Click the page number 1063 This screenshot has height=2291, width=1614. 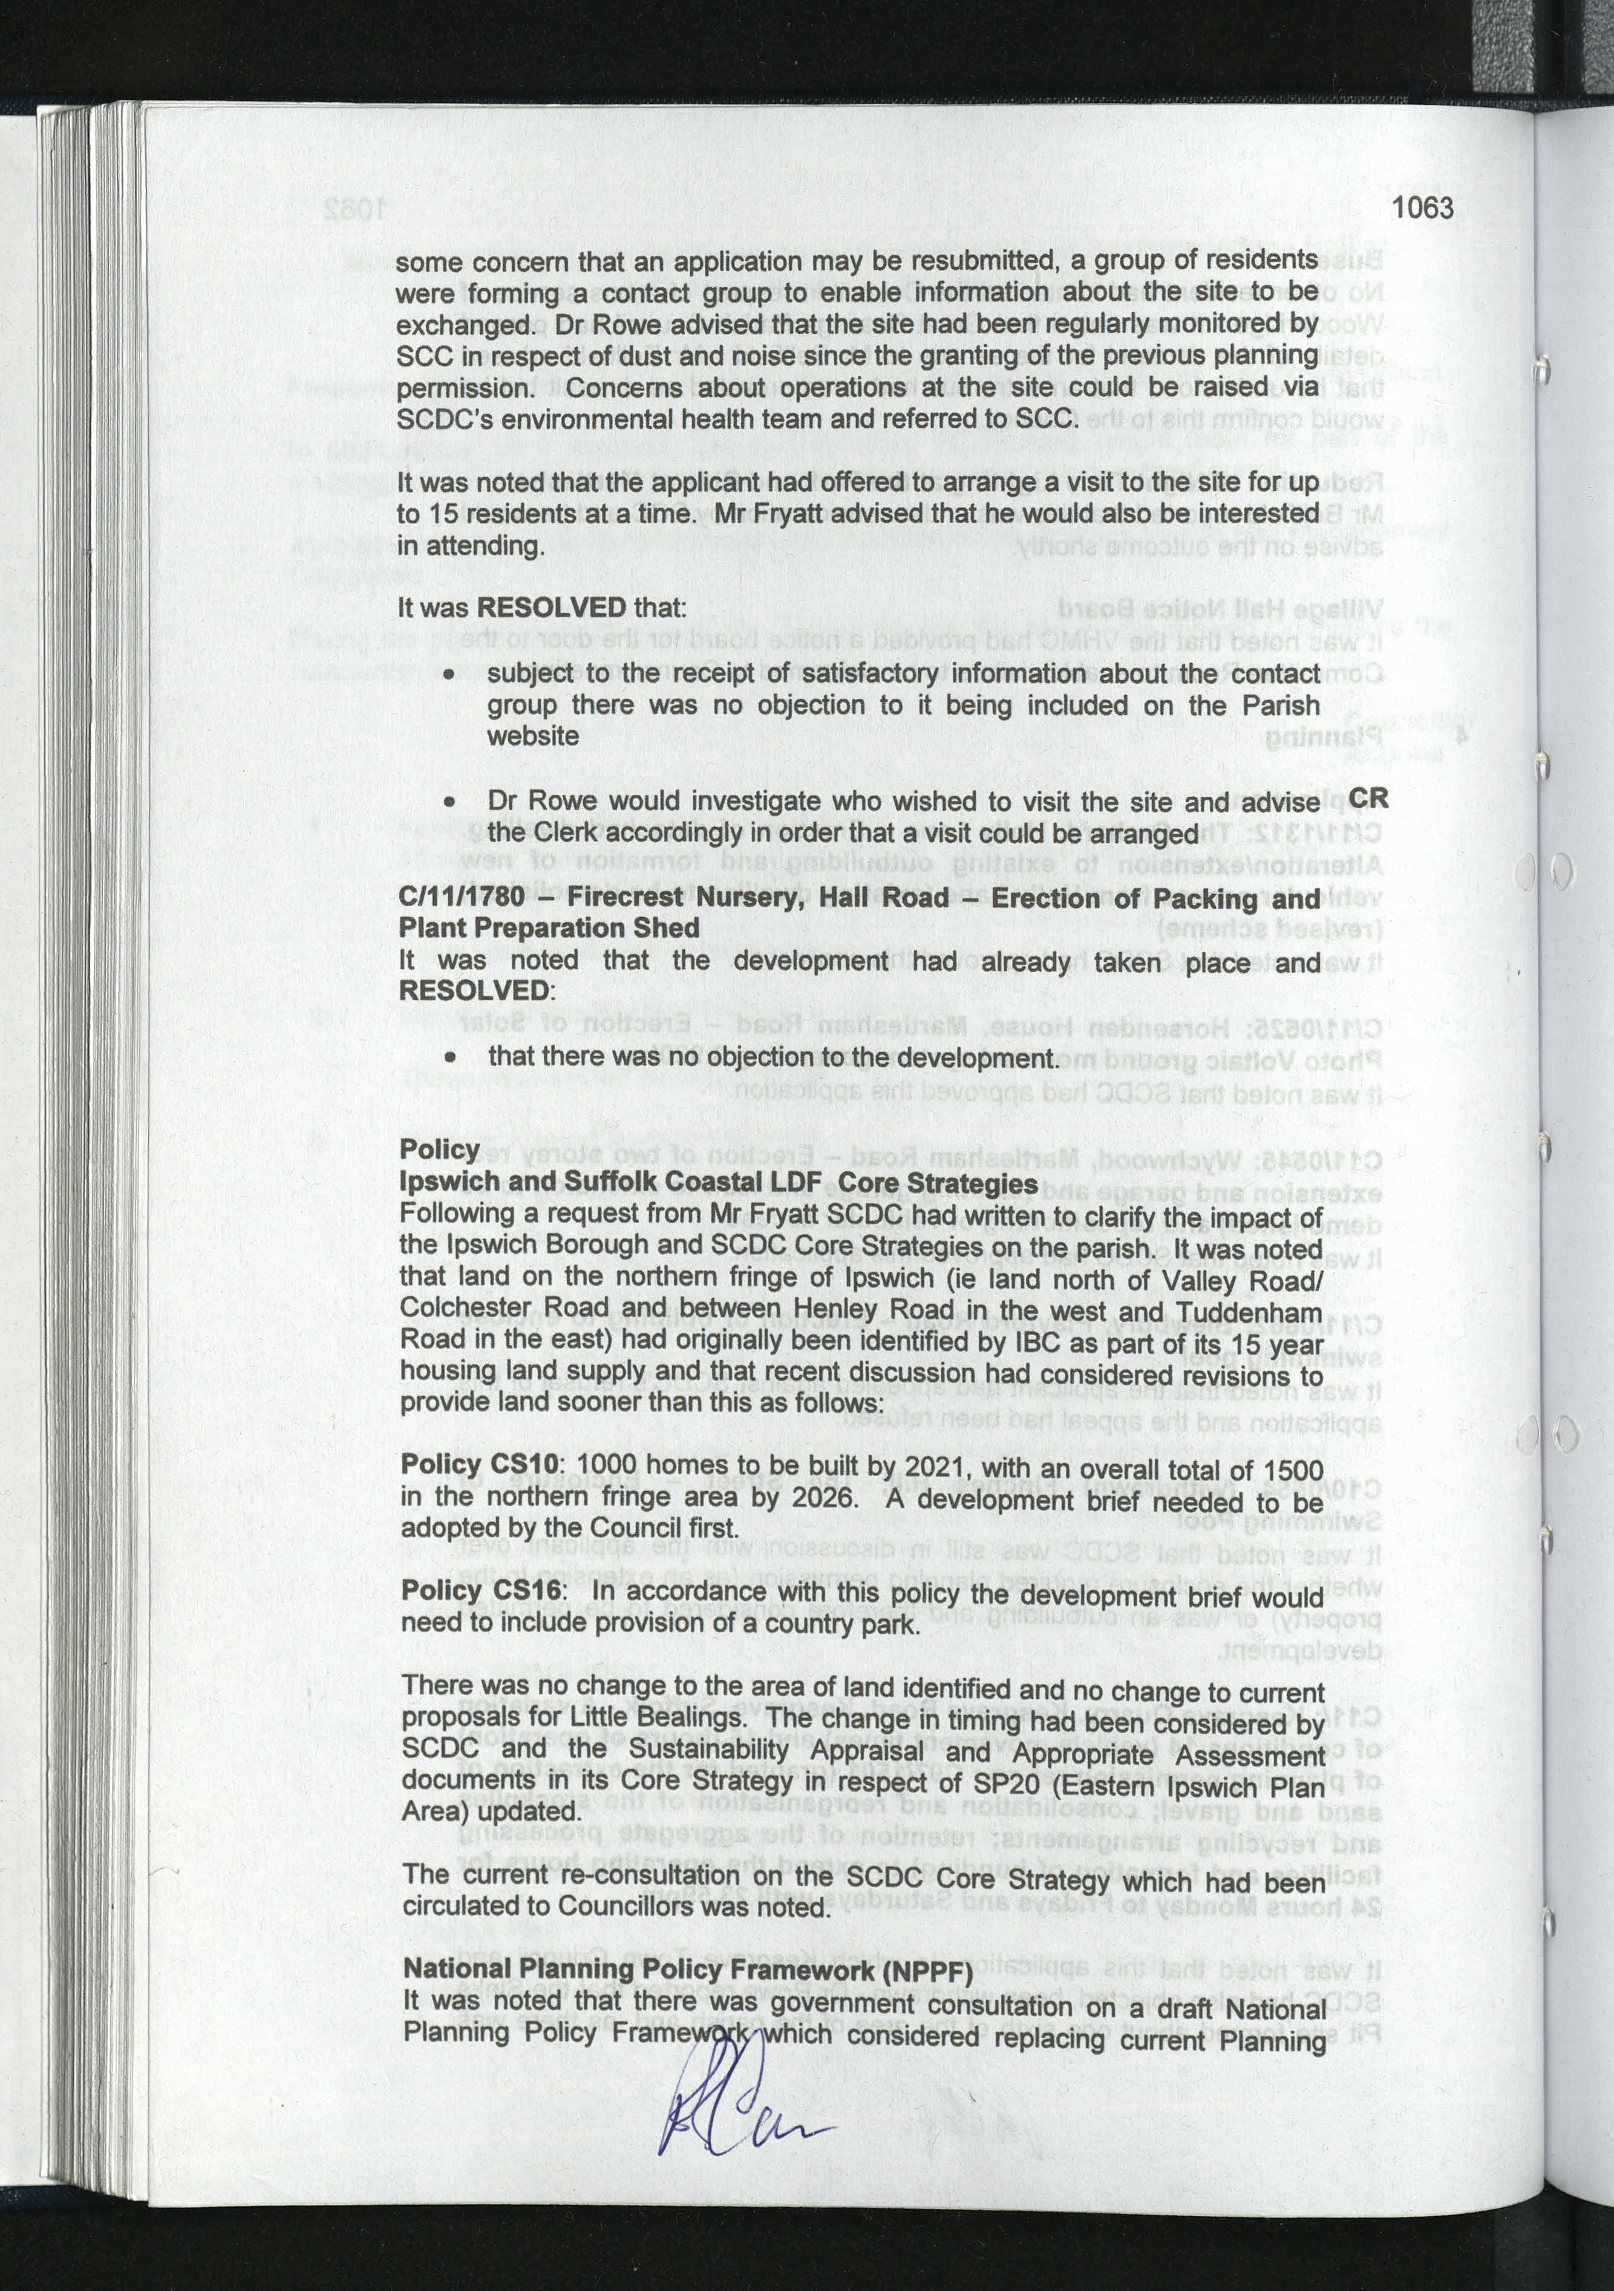tap(1422, 209)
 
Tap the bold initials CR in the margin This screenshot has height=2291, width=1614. tap(1368, 799)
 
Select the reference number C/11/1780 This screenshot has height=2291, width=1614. tap(461, 896)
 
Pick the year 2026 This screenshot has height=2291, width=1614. tap(824, 1498)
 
